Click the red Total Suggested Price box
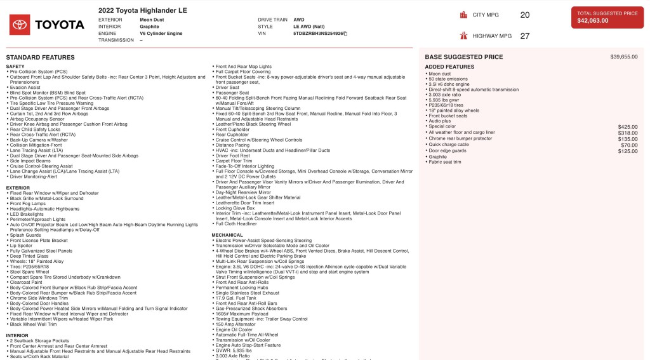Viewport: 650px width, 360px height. [607, 17]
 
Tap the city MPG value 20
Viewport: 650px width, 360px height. [524, 15]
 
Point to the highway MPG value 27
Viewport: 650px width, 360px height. [524, 36]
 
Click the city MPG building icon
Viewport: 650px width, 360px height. [465, 15]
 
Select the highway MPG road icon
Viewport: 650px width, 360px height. [465, 36]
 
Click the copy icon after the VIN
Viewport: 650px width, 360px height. [345, 33]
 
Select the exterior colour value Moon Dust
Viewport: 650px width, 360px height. [152, 20]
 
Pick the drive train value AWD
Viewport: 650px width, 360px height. [298, 20]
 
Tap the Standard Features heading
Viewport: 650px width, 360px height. [40, 57]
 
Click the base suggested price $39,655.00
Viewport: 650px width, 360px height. [623, 57]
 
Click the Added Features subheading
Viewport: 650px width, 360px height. [449, 67]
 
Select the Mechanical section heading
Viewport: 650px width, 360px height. [228, 235]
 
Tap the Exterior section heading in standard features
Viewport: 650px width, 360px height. [18, 188]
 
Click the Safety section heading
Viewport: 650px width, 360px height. [15, 66]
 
